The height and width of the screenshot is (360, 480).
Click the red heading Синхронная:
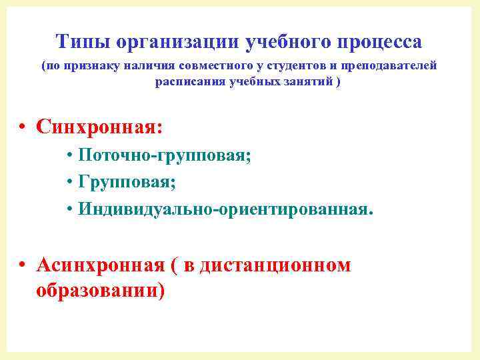(99, 125)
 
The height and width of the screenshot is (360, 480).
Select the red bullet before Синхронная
(23, 127)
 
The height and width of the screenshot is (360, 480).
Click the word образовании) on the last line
(101, 291)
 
